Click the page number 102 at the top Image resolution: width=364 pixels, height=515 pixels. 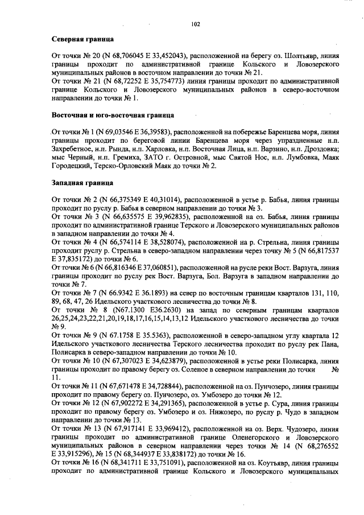196,24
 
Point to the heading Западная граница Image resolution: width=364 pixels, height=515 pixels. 78,183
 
